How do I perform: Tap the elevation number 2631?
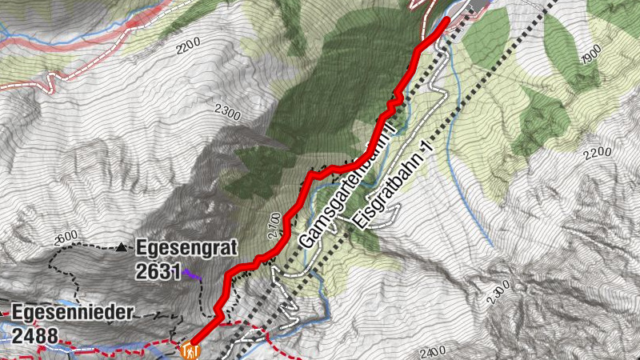click(158, 271)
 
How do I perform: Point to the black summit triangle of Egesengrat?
click(121, 247)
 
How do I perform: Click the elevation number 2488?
click(34, 334)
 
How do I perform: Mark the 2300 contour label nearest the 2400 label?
click(497, 293)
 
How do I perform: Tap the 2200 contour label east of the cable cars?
click(601, 153)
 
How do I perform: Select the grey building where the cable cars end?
click(477, 6)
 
